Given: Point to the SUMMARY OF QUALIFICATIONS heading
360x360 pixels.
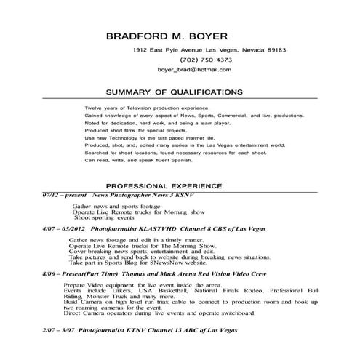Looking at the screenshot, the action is [x=174, y=92].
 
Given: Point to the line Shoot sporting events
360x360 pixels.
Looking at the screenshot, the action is [x=104, y=217].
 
